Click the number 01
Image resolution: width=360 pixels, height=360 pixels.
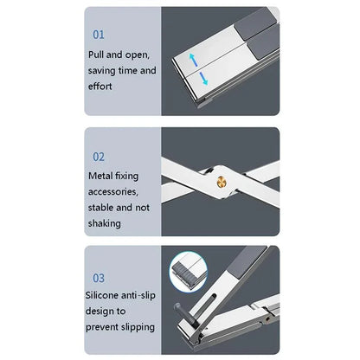(98, 35)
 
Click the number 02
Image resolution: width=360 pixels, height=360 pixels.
(98, 157)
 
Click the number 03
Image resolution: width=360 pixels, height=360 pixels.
(98, 278)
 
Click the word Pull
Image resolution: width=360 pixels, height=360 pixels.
(98, 54)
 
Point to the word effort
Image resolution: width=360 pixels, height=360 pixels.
(101, 87)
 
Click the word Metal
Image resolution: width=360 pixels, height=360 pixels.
(102, 175)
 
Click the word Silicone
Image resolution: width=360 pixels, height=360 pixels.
(107, 295)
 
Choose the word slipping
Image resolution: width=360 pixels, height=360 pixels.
(138, 327)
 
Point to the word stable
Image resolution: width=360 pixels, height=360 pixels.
(102, 208)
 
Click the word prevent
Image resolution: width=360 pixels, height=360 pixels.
(105, 327)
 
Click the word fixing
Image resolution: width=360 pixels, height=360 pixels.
(134, 175)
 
